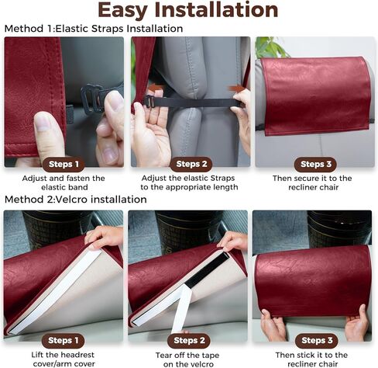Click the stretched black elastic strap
[x=194, y=102]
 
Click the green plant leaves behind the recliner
[x=271, y=47]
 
